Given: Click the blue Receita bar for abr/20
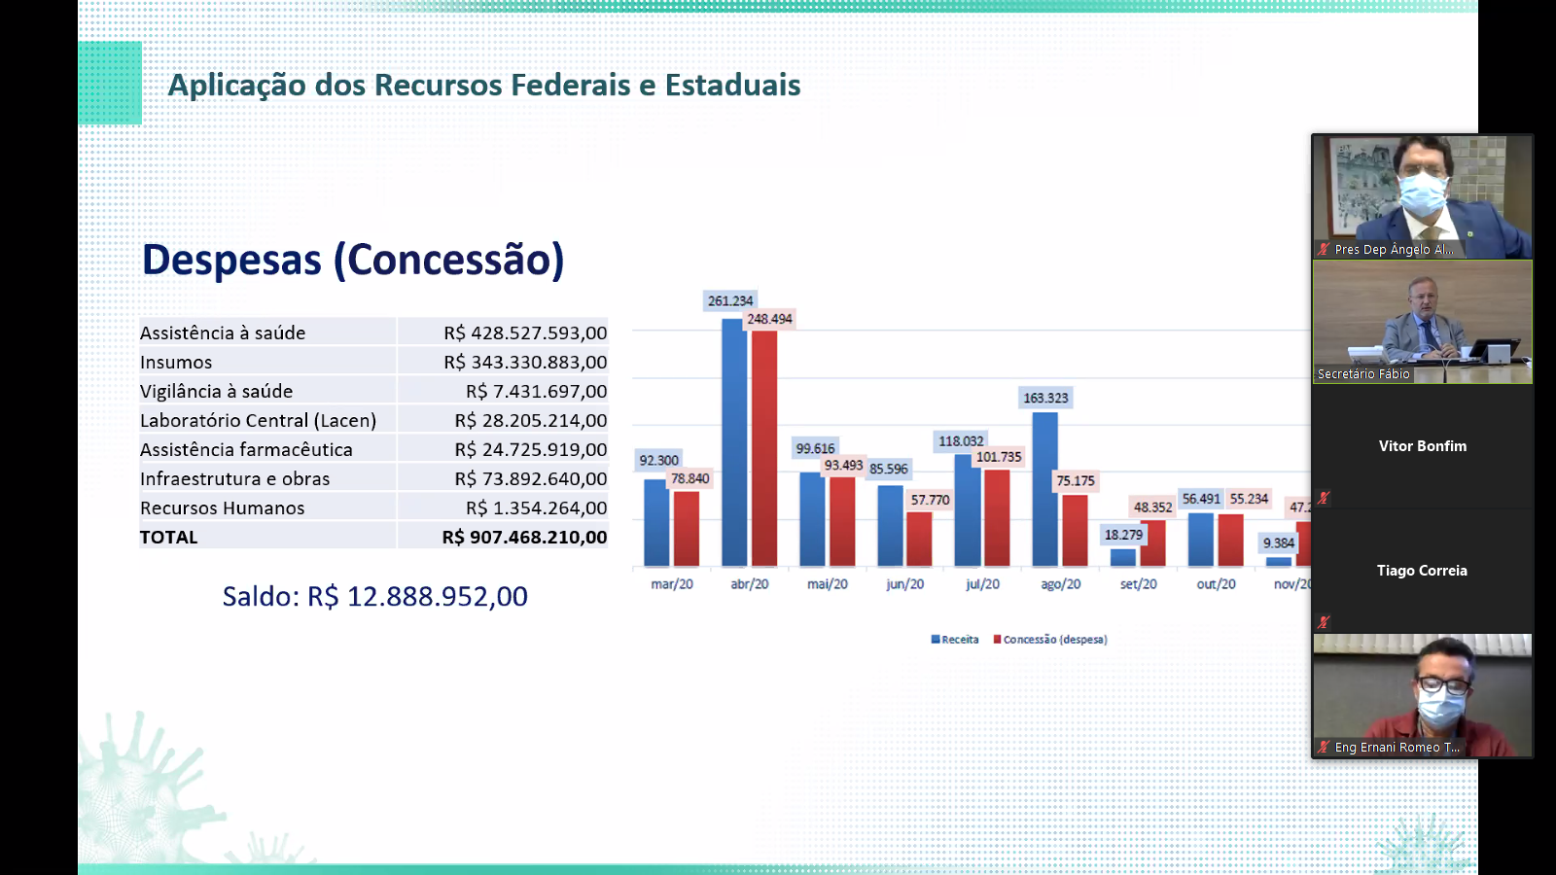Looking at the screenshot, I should click(x=734, y=442).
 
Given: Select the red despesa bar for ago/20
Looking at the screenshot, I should click(x=1075, y=530).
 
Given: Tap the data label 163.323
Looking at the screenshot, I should click(x=1045, y=398).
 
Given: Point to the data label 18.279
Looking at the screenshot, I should click(x=1123, y=535).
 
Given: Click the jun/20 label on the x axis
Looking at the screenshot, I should click(x=904, y=584).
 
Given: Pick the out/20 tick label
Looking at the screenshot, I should click(x=1216, y=584).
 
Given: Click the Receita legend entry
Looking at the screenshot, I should click(x=955, y=640).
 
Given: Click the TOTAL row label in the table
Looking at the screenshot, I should click(x=169, y=538).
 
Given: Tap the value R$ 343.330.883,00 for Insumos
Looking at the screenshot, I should click(x=525, y=363).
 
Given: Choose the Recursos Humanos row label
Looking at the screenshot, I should click(x=223, y=508).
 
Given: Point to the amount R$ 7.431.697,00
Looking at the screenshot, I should click(x=536, y=392).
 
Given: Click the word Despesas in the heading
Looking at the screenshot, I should click(x=231, y=261).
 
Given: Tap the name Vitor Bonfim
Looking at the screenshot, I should click(x=1422, y=446).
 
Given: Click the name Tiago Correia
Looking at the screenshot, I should click(x=1422, y=571).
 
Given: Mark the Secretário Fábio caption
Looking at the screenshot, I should click(x=1363, y=374).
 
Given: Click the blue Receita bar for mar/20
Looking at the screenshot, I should click(x=656, y=522).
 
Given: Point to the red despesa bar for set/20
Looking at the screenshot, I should click(x=1152, y=543).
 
